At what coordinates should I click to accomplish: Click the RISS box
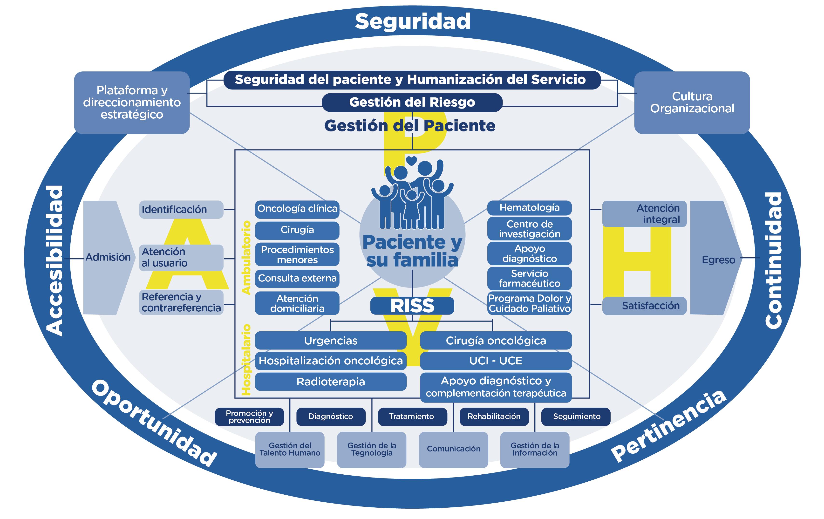[412, 306]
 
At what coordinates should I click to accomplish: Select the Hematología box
[529, 208]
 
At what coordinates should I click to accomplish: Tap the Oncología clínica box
[297, 209]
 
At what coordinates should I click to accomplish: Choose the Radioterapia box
[331, 382]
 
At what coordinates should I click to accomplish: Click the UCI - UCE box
[496, 361]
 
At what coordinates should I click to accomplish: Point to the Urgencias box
[331, 340]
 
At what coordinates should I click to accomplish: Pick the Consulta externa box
[297, 278]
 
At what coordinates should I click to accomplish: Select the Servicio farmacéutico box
[529, 279]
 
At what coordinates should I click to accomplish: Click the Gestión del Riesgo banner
[412, 102]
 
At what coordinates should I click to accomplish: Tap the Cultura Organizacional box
[692, 102]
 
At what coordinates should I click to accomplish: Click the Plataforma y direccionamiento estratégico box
[132, 102]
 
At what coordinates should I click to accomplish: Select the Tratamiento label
[412, 416]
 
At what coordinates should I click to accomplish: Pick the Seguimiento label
[576, 416]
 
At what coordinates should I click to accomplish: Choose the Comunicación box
[453, 449]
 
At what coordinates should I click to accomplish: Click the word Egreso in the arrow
[718, 260]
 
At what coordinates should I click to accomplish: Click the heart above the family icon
[412, 160]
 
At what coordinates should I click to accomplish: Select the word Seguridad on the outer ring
[412, 21]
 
